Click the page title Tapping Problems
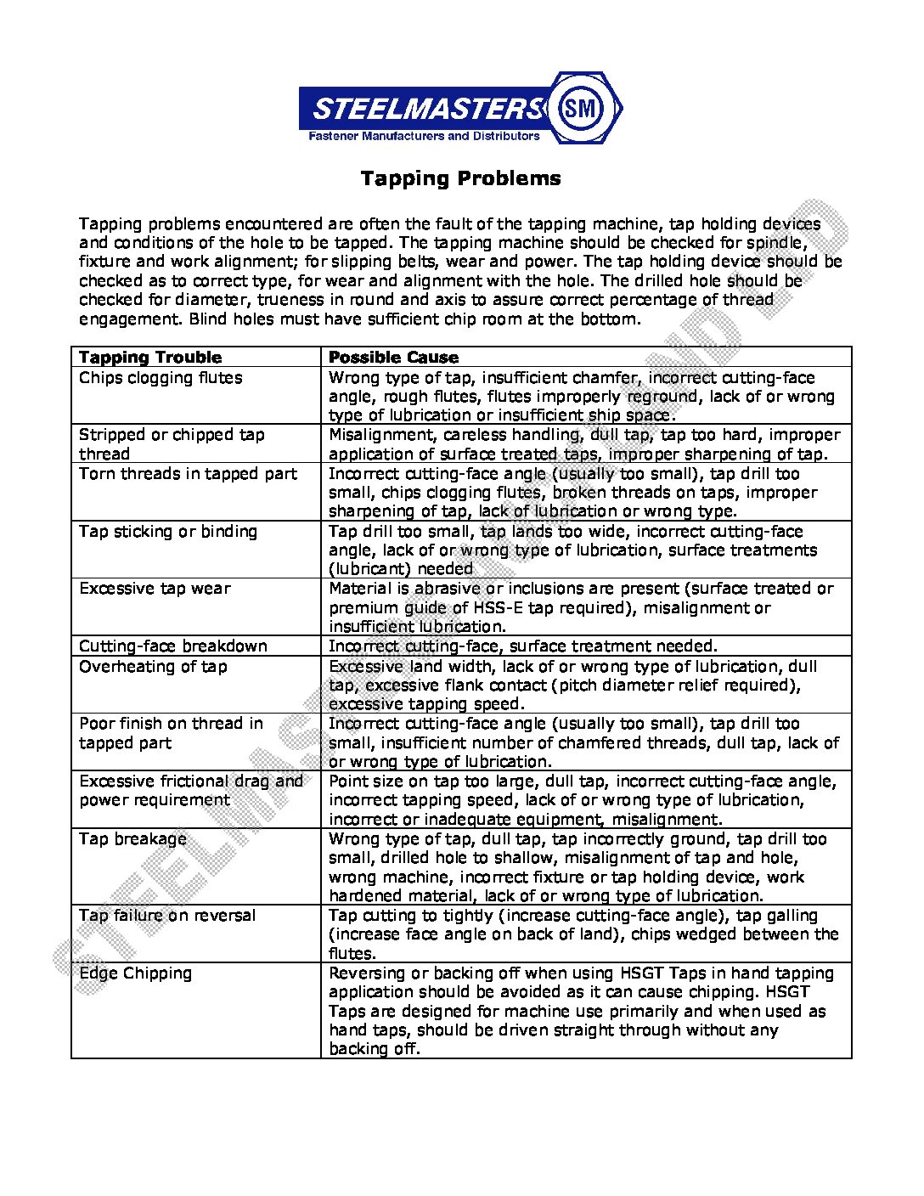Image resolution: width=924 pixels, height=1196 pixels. pos(460,178)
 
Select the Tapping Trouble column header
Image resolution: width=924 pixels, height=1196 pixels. pos(150,358)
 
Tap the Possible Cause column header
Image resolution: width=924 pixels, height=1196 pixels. pos(393,358)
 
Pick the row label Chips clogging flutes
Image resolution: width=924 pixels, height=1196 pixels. pos(161,378)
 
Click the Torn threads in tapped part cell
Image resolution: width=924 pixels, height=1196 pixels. pos(188,474)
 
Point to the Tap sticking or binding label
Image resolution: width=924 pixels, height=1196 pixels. pos(168,532)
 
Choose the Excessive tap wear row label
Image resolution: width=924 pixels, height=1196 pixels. pos(155,589)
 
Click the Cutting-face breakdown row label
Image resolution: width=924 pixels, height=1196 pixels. pos(173,646)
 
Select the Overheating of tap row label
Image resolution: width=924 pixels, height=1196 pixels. pos(153,667)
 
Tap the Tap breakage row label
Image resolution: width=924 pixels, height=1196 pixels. pos(132,839)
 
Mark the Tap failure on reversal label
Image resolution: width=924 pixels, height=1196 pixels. pos(167,916)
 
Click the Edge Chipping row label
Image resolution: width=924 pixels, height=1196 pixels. pos(136,973)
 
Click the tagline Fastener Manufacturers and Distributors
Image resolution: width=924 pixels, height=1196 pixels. pos(423,136)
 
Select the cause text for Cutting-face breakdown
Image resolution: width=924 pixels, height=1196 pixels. pos(523,646)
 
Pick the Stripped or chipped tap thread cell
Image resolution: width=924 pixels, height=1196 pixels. pos(172,444)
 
